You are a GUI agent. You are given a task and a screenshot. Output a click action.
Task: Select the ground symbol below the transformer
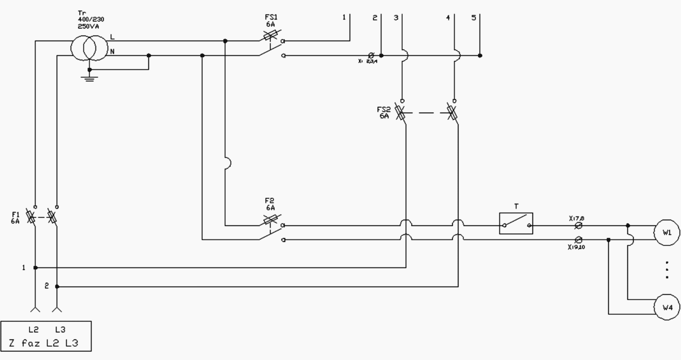click(89, 77)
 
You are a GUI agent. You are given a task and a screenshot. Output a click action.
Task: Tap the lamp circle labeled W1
click(667, 233)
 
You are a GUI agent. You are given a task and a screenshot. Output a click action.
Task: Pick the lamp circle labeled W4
click(667, 307)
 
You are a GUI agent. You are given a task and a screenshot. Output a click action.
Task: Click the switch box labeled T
click(516, 224)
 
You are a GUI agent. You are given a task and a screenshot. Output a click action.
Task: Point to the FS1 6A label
click(271, 21)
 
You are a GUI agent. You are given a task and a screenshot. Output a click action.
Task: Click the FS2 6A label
click(384, 113)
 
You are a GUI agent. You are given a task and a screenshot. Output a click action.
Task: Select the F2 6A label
click(270, 204)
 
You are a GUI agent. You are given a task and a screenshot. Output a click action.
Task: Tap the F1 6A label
click(15, 218)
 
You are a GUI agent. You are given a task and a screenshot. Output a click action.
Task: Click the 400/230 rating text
click(91, 19)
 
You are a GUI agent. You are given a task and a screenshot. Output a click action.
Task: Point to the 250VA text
click(88, 26)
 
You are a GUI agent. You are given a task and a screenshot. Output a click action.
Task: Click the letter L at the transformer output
click(112, 37)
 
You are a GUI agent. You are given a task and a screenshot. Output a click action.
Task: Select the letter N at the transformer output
click(112, 52)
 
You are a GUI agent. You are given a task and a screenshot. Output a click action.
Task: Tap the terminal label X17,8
click(577, 219)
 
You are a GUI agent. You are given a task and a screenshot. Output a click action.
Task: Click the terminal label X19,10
click(576, 247)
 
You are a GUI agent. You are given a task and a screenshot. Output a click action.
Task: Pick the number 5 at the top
click(474, 18)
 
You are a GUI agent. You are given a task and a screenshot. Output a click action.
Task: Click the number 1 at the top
click(344, 18)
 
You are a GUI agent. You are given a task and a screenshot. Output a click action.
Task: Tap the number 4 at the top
click(448, 18)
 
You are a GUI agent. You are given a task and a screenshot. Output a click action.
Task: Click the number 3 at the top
click(396, 18)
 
